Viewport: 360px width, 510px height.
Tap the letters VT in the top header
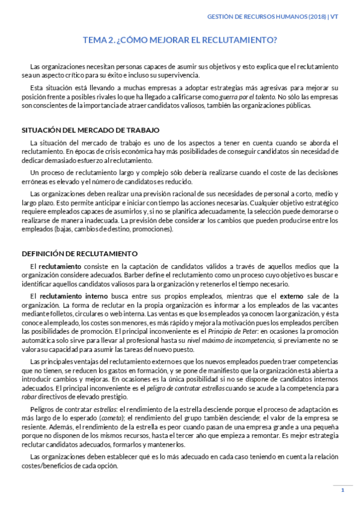point(334,17)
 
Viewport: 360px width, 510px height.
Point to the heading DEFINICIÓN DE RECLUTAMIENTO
point(79,253)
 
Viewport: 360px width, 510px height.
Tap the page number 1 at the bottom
point(342,490)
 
